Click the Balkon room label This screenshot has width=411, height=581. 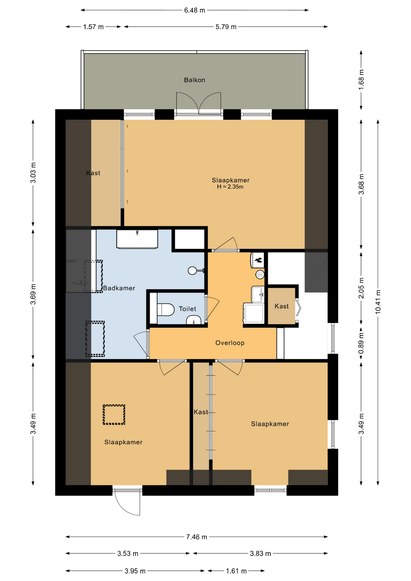[x=195, y=80]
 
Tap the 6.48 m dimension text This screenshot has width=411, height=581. [x=195, y=10]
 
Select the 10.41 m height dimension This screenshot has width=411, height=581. [x=378, y=302]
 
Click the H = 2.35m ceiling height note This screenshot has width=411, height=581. [x=230, y=187]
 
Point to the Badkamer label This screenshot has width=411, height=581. [x=119, y=288]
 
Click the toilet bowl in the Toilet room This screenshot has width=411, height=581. [x=166, y=310]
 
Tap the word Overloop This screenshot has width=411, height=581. [x=230, y=343]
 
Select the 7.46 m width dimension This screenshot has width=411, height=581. [x=197, y=537]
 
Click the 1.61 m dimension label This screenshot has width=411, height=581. [x=236, y=571]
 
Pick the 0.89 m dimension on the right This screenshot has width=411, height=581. [x=361, y=343]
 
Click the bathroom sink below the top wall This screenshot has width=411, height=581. [x=137, y=239]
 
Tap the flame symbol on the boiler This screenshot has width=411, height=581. [x=258, y=260]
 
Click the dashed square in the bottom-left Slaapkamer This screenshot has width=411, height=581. [x=114, y=415]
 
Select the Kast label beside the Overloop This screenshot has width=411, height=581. [x=281, y=306]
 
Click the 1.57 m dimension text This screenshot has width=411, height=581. [x=93, y=27]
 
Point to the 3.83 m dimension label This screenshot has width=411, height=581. [x=260, y=554]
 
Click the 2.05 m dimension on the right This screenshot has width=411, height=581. [x=361, y=288]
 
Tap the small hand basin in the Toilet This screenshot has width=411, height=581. [x=194, y=320]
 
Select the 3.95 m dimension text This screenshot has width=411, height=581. [x=135, y=571]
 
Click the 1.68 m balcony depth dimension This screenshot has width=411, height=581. [x=361, y=80]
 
